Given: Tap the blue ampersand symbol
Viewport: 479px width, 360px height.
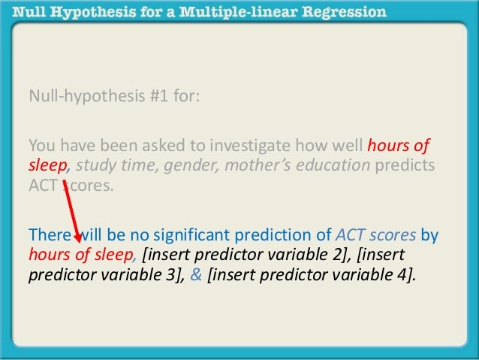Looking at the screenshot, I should click(196, 274).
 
